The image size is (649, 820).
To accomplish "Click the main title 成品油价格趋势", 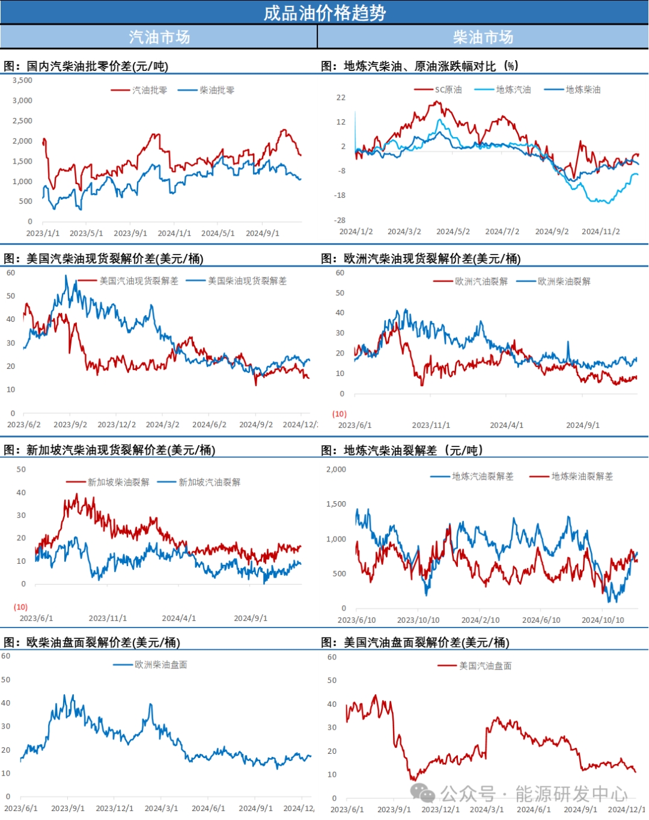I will (x=324, y=13).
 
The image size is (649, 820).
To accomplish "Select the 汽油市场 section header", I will (x=159, y=37).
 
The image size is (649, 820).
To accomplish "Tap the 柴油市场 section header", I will (x=483, y=37).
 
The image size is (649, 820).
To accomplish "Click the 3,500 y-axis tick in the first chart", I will (x=22, y=80).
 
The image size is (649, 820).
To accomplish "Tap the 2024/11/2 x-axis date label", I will (x=600, y=232).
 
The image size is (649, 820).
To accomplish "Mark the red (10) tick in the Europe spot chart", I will (x=340, y=414).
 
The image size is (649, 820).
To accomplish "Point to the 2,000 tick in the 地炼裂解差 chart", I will (x=336, y=469).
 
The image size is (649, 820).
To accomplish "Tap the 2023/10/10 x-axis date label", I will (x=418, y=620).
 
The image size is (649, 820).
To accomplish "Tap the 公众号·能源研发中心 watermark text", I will (x=534, y=794).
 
